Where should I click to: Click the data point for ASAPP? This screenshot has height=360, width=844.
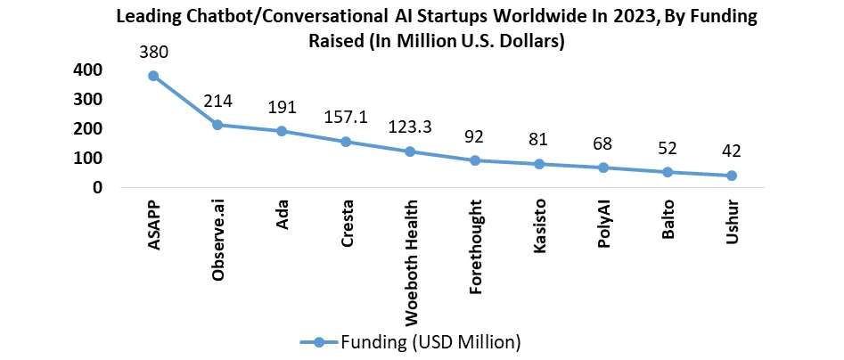coord(154,76)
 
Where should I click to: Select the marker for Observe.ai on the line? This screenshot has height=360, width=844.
coord(217,125)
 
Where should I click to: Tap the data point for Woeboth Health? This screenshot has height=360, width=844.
coord(411,151)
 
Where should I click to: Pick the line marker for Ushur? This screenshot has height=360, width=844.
coord(731,176)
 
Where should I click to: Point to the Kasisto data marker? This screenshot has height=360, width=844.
coord(539,164)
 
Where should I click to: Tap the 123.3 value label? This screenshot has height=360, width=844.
coord(411,127)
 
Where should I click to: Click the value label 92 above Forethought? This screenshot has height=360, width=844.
coord(475,137)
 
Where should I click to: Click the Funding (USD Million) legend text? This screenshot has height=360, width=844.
coord(430,340)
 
